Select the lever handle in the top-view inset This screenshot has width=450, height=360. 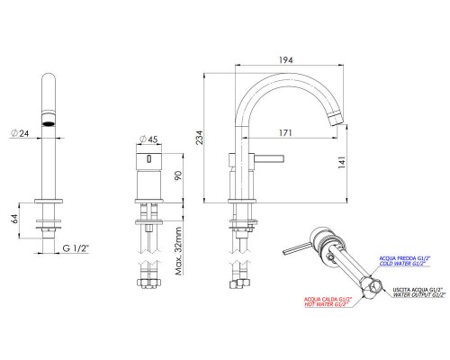pos(294,248)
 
